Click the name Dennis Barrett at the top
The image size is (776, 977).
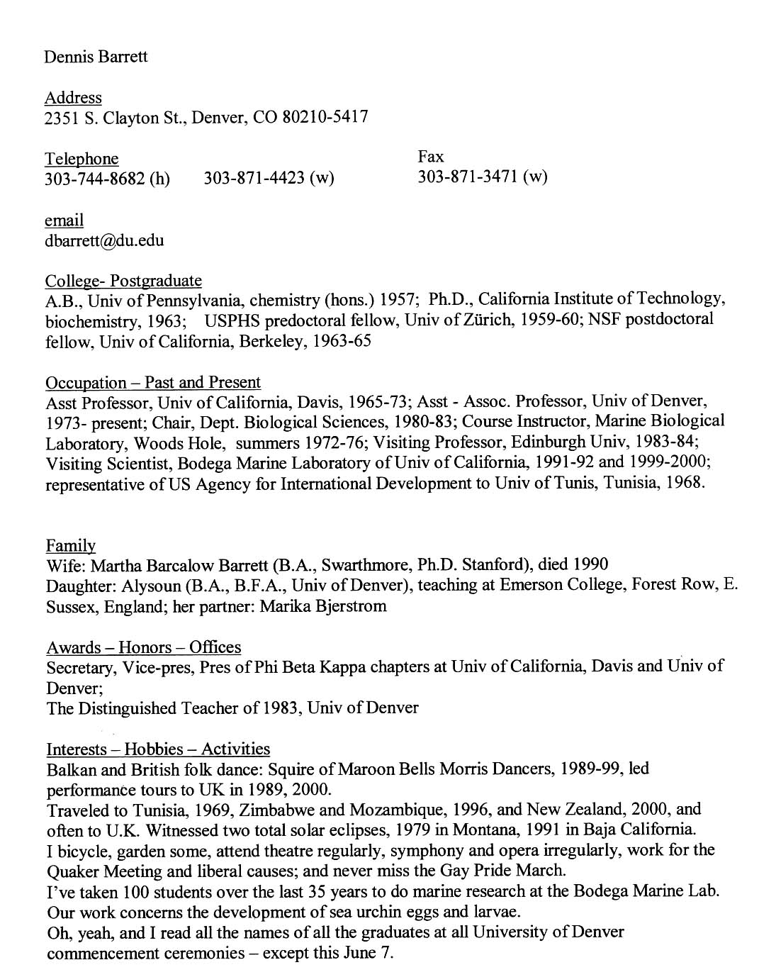(96, 56)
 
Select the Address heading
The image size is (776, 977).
(73, 97)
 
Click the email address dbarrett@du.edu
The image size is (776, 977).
(104, 240)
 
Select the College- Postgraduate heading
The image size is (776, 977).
(123, 280)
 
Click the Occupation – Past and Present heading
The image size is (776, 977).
(153, 383)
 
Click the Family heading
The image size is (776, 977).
(70, 545)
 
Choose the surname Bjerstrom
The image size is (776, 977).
(352, 606)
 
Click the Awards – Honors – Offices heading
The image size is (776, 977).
(143, 647)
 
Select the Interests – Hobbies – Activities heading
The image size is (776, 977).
(158, 749)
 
